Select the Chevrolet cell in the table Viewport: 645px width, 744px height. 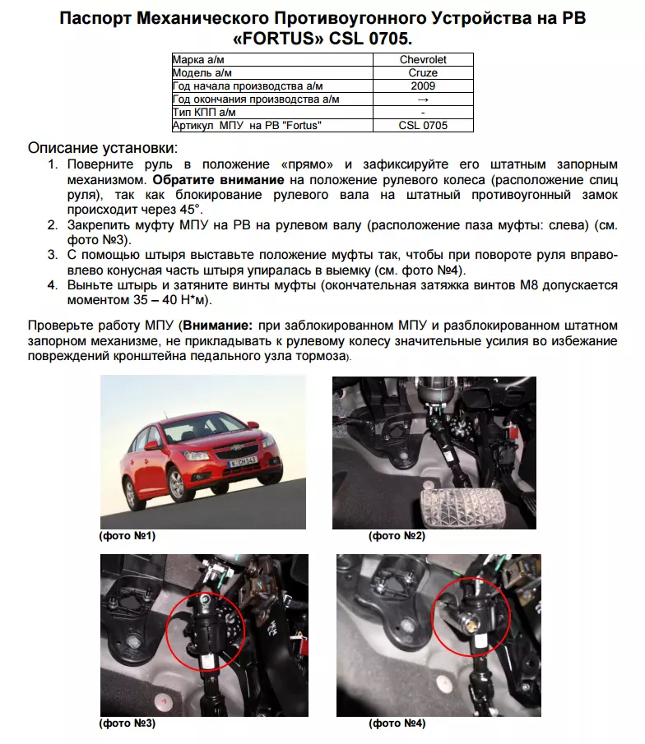point(423,60)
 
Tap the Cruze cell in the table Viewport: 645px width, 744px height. point(423,73)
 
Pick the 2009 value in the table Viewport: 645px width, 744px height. point(423,86)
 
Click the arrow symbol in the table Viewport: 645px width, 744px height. point(423,99)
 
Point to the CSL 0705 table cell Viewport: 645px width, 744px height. point(423,126)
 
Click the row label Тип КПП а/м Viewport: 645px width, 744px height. point(204,113)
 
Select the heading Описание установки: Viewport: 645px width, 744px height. point(103,148)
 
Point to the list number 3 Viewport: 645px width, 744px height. point(51,256)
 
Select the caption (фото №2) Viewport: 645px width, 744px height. point(396,536)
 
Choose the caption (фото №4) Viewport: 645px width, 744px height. point(396,724)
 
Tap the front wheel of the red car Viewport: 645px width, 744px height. point(176,485)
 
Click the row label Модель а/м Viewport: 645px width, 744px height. point(202,73)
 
